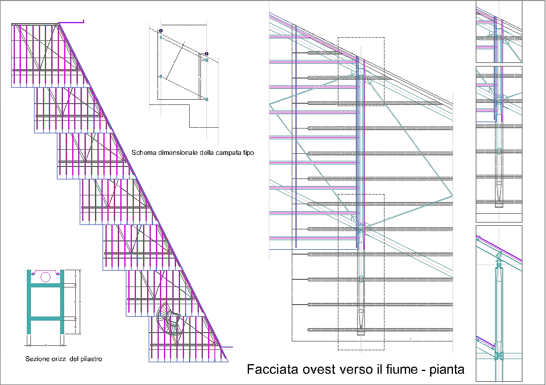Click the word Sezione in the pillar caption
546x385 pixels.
tap(38, 359)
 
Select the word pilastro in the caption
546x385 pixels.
tap(91, 359)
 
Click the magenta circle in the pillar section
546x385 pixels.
tap(46, 277)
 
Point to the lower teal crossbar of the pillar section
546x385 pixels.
tap(45, 319)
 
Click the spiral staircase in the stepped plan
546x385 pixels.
tap(170, 319)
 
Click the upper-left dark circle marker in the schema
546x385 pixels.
tap(161, 31)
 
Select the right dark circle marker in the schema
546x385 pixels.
tap(206, 54)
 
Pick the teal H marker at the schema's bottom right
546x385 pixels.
tap(207, 99)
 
